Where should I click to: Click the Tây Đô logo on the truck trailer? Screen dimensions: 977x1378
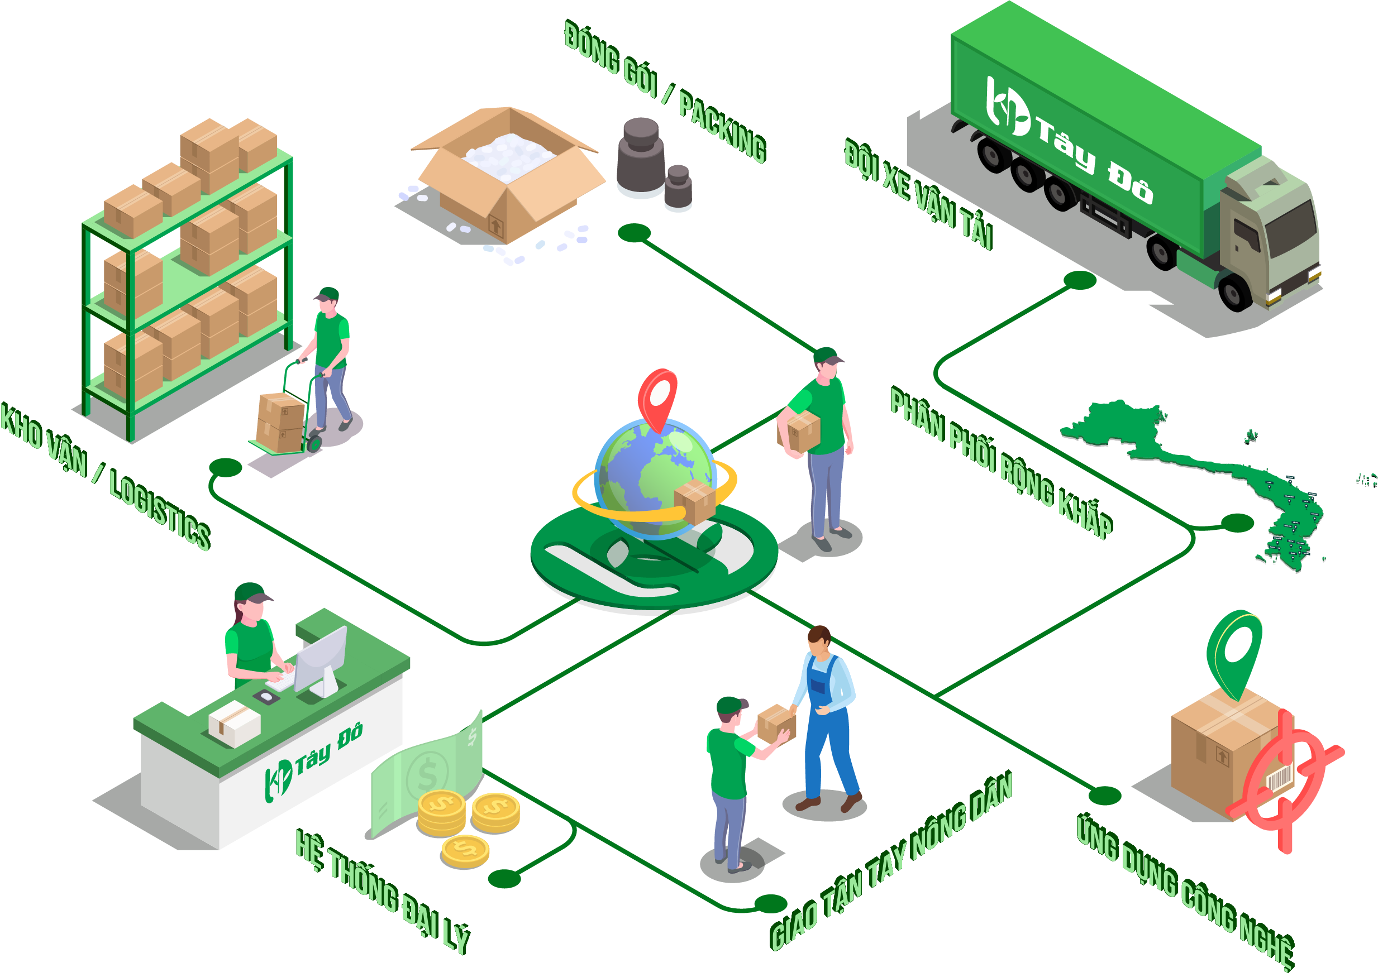pyautogui.click(x=1068, y=140)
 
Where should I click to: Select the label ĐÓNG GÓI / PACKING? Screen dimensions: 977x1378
pyautogui.click(x=665, y=90)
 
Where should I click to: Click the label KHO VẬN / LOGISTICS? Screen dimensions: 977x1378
pyautogui.click(x=106, y=475)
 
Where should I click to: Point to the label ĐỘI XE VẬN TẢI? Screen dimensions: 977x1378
pyautogui.click(x=918, y=193)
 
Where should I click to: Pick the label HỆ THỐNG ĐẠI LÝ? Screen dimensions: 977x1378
pyautogui.click(x=383, y=890)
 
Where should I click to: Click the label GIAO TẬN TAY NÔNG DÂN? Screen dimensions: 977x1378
pyautogui.click(x=890, y=860)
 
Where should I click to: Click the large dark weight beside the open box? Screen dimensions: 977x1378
pyautogui.click(x=640, y=156)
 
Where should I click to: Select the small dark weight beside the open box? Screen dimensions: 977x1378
pyautogui.click(x=678, y=186)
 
